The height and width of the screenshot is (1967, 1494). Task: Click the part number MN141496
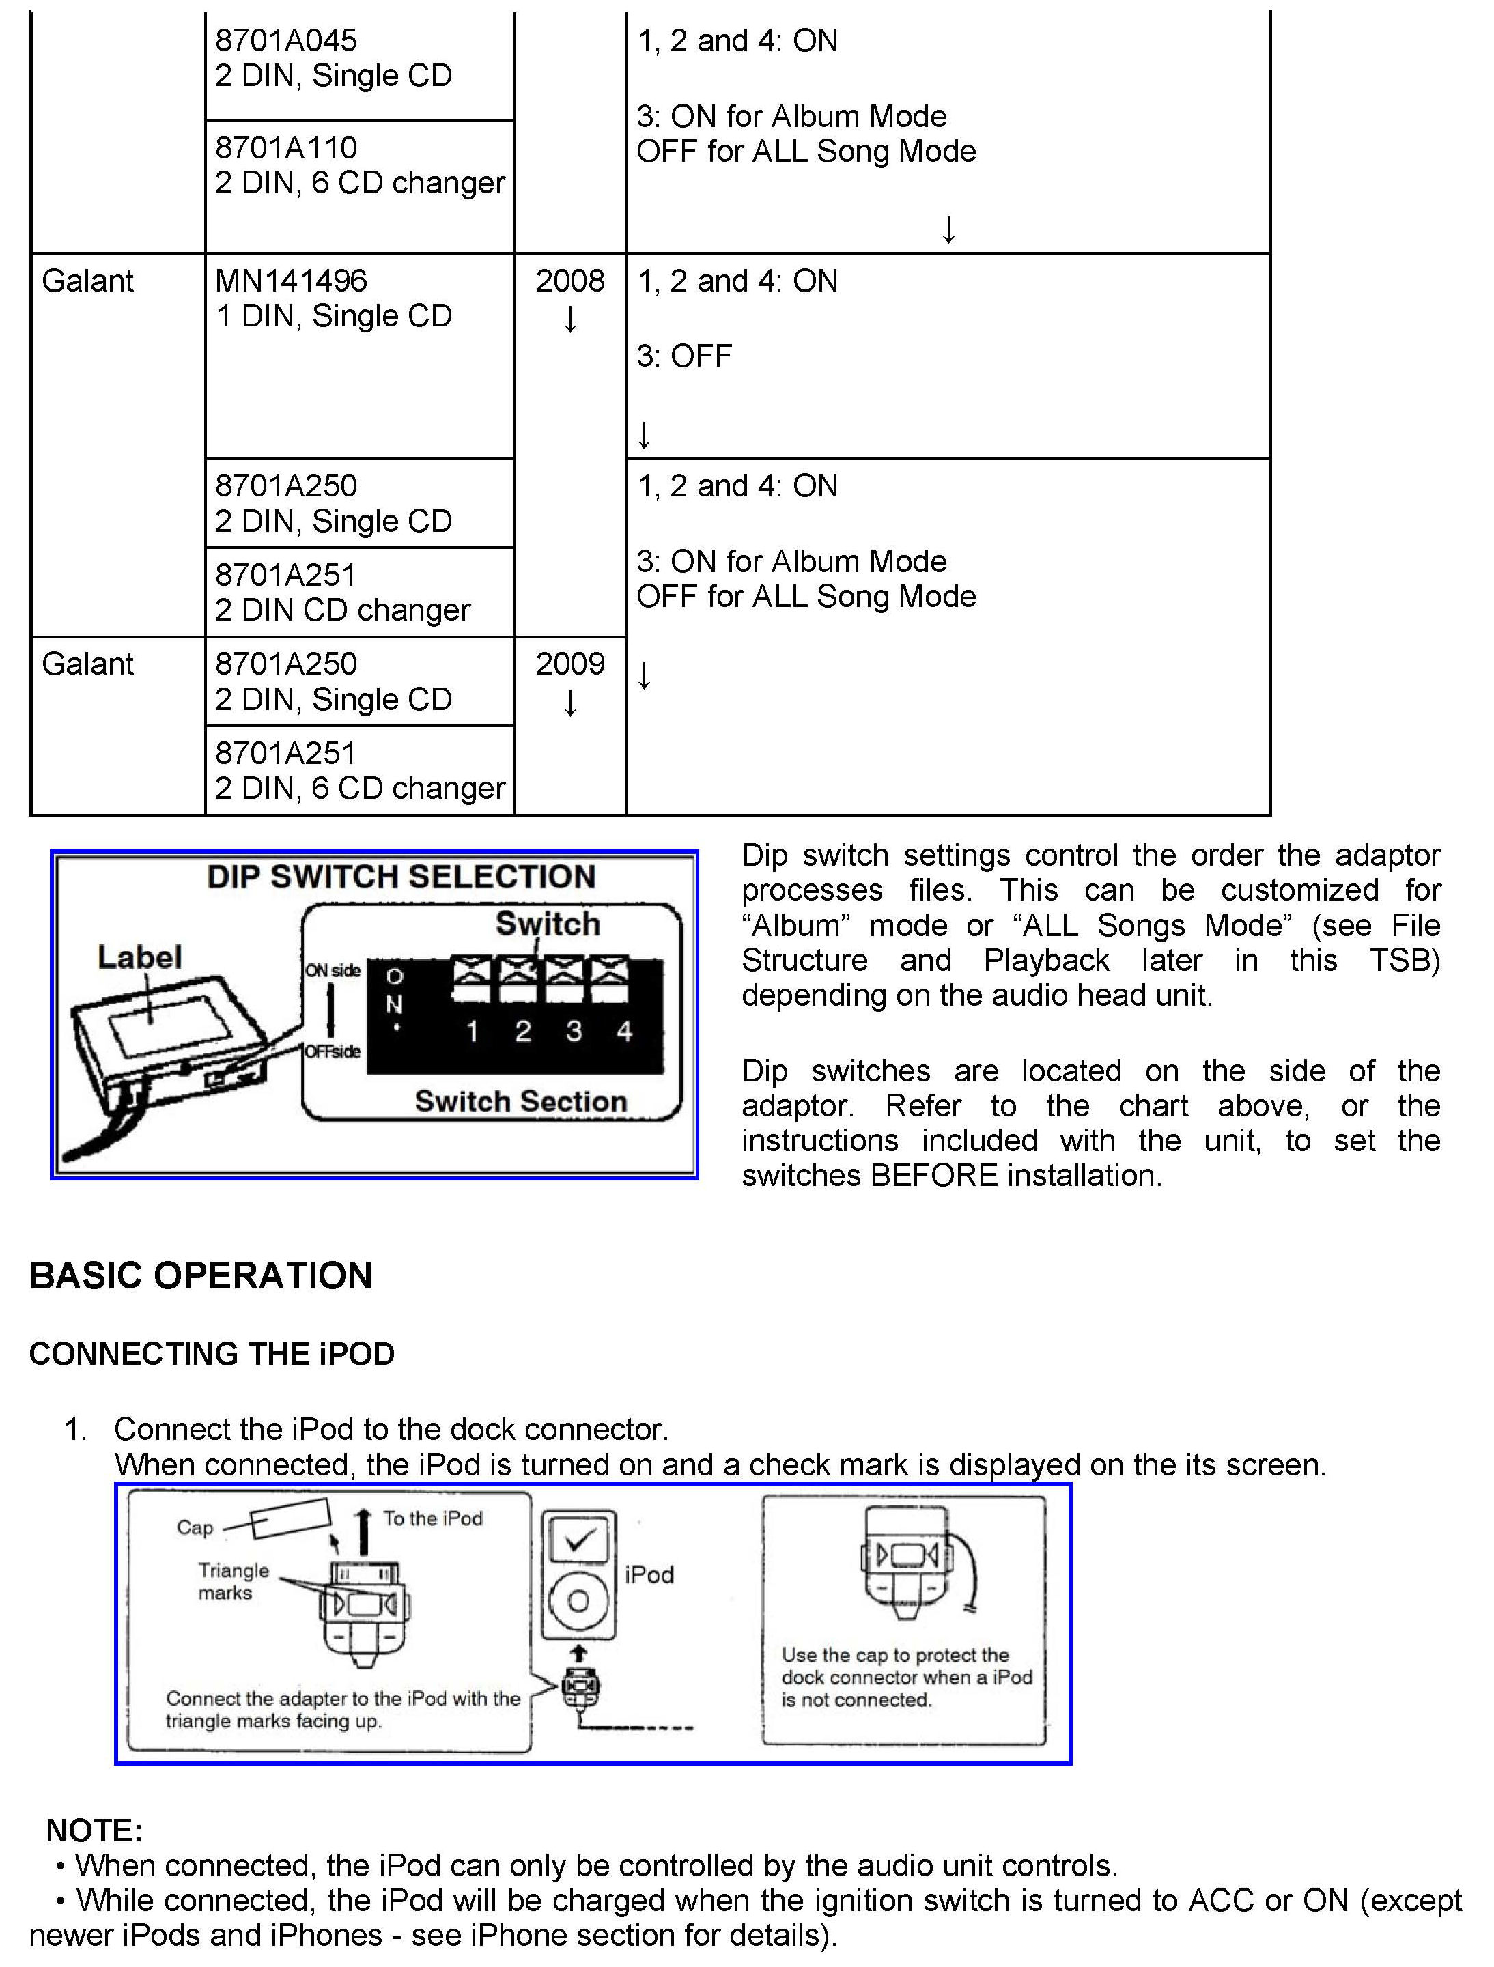coord(291,281)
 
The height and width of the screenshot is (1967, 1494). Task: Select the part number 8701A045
coord(285,41)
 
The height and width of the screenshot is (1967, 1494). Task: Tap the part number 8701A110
coord(285,147)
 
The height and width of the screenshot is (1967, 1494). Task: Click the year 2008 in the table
coord(569,281)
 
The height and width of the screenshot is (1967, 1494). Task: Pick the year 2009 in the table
coord(569,664)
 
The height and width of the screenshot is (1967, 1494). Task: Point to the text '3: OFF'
coord(684,356)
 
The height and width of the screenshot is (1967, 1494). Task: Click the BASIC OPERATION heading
coord(201,1276)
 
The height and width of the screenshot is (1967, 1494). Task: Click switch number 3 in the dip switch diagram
coord(574,1032)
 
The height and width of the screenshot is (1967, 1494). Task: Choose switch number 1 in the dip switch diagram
coord(473,1032)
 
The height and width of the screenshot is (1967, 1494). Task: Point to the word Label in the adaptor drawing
coord(139,958)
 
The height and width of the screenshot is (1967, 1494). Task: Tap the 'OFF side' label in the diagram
coord(333,1052)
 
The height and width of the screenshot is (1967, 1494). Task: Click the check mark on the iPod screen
coord(579,1540)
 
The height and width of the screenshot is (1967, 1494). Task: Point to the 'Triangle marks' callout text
coord(233,1582)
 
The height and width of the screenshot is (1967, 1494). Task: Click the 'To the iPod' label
coord(433,1519)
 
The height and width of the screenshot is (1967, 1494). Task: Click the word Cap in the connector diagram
coord(195,1528)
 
